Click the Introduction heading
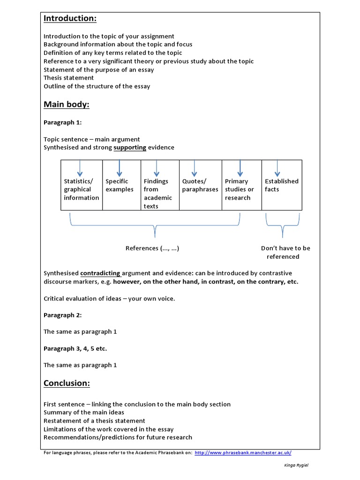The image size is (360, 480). (70, 18)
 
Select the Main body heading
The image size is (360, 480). (66, 104)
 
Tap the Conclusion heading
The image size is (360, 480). (67, 383)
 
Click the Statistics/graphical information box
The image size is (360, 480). (82, 189)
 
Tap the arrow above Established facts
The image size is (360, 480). (277, 168)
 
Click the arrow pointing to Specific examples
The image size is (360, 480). (120, 168)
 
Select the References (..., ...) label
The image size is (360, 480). (152, 248)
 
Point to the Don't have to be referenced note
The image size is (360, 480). (285, 252)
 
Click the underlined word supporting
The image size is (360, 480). (130, 147)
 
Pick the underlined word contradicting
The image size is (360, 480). (100, 273)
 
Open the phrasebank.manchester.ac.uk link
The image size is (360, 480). (242, 452)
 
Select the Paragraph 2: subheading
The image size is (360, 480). (62, 315)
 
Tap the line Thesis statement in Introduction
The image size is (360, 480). (68, 78)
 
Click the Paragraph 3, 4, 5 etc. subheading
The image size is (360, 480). (78, 349)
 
